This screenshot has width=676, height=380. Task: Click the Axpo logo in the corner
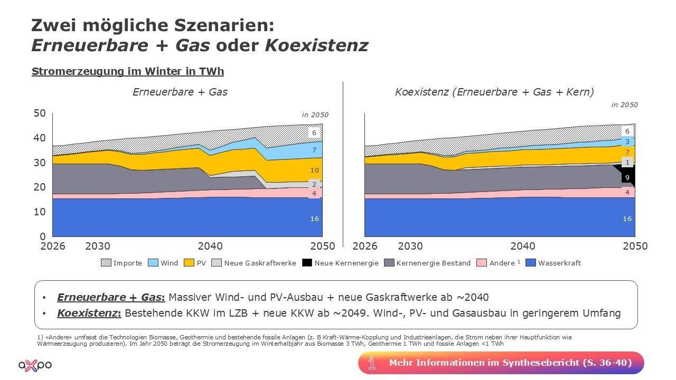click(35, 365)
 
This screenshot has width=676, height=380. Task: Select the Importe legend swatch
click(106, 263)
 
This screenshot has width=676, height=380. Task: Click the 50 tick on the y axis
click(40, 113)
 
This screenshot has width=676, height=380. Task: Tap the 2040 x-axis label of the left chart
click(210, 246)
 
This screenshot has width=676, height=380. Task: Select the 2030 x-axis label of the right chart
click(410, 246)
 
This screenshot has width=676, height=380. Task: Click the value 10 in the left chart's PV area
click(314, 170)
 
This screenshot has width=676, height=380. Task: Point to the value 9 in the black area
click(627, 178)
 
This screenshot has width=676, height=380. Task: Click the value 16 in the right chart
click(627, 218)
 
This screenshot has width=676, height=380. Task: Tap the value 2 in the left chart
click(314, 185)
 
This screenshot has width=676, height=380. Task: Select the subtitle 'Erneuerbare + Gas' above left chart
click(180, 92)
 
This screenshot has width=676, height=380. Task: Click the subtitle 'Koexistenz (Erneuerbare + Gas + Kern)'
click(494, 92)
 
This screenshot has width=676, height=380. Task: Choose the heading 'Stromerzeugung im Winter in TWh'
click(128, 71)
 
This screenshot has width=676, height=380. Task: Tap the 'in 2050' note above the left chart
click(315, 115)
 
